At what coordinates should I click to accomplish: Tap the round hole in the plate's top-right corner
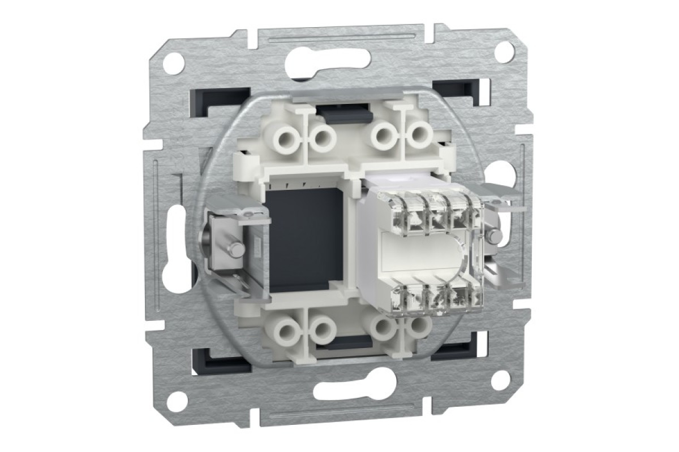click(504, 51)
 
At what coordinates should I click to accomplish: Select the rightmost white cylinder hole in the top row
click(419, 136)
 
